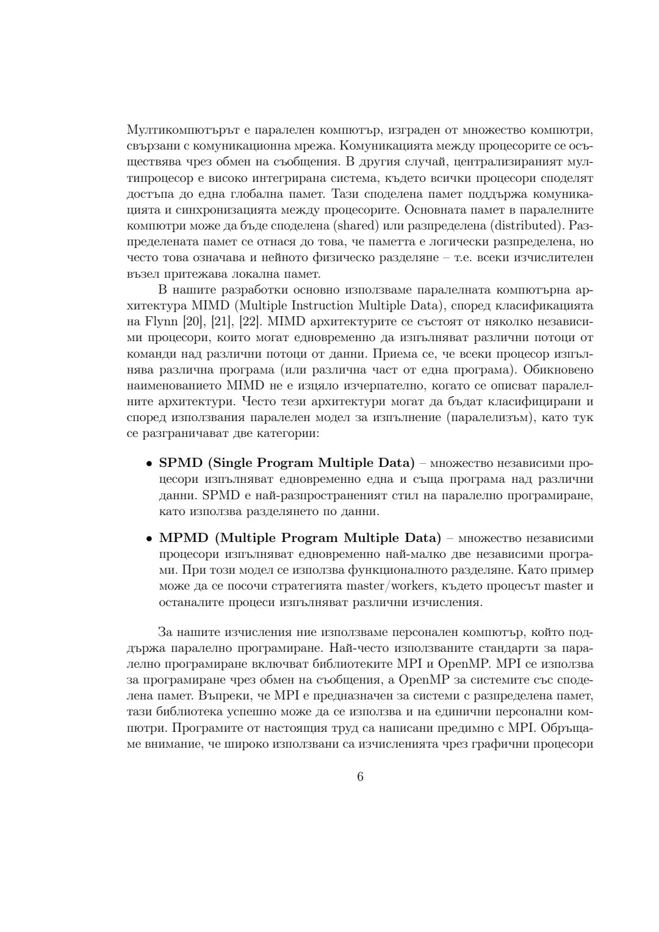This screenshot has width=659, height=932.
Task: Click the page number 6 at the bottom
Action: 360,776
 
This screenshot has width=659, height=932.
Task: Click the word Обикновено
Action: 558,370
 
